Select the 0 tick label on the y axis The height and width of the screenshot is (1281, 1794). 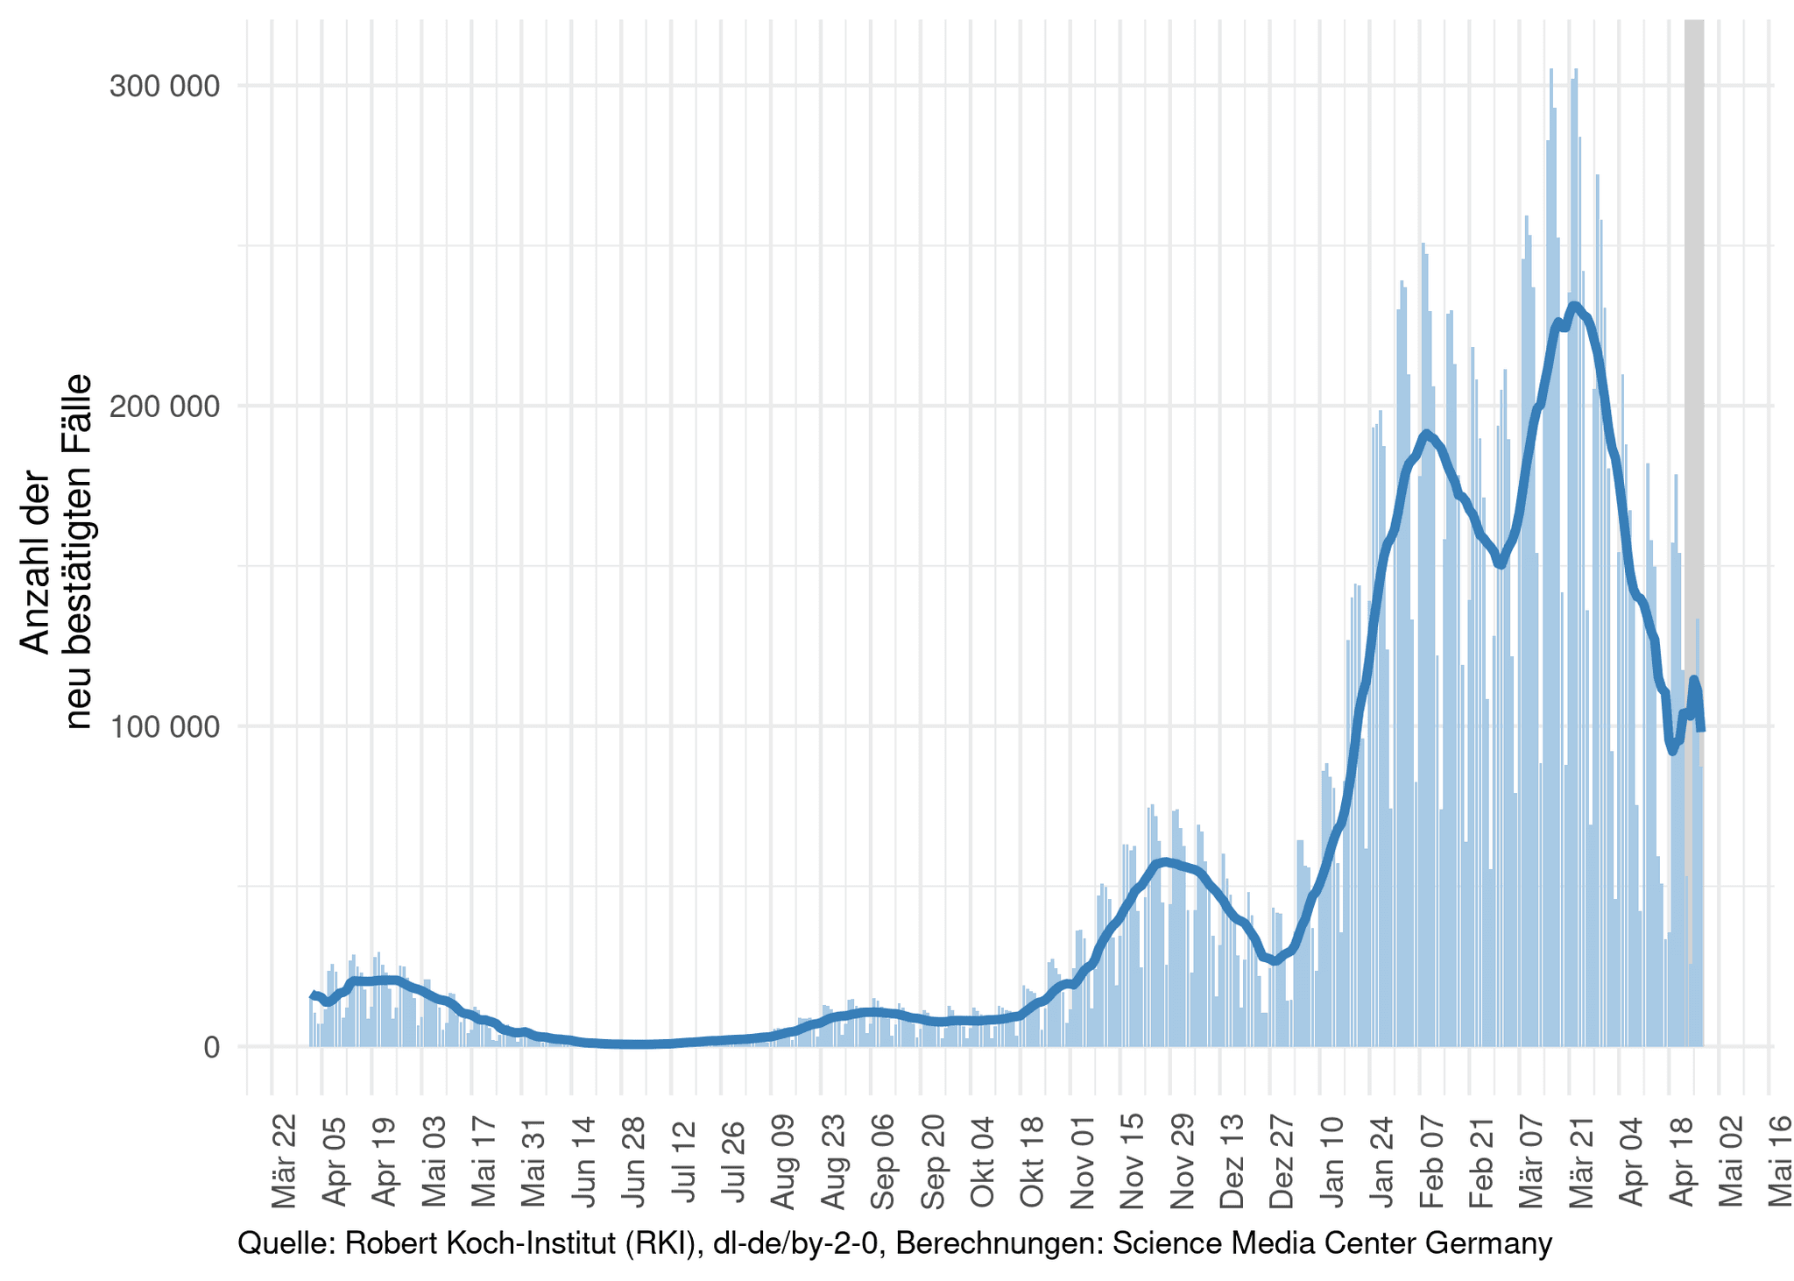211,1047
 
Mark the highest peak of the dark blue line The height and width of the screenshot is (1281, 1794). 1574,306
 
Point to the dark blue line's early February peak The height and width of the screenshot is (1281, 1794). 1426,434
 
